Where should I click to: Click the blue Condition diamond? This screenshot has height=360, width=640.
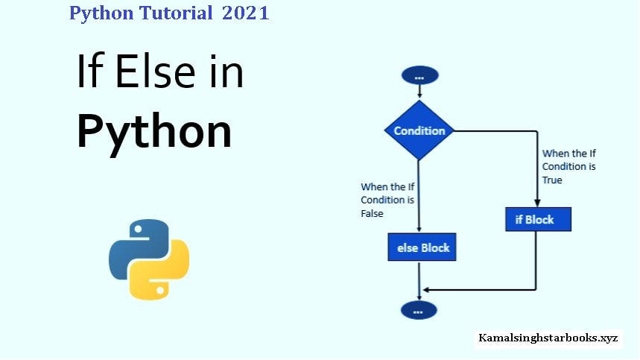coord(419,130)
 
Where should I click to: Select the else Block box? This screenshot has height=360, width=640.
coord(422,247)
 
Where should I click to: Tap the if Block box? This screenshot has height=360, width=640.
coord(537,219)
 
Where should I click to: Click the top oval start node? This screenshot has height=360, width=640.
coord(419,75)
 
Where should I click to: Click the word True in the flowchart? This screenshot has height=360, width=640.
coord(552,180)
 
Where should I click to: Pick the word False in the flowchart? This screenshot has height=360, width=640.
coord(373,213)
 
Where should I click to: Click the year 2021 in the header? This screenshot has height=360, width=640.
coord(245,13)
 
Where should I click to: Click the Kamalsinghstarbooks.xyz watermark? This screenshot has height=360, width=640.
coord(548,338)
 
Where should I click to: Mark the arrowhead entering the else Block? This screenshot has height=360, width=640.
coord(419,230)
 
